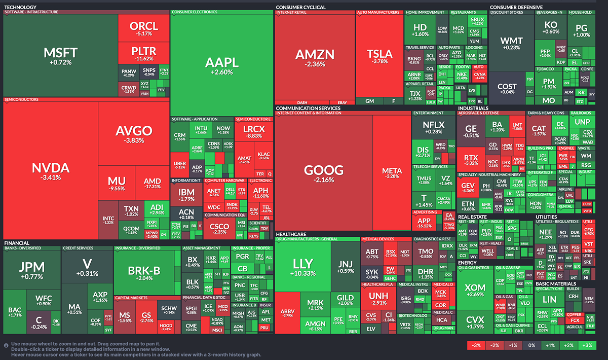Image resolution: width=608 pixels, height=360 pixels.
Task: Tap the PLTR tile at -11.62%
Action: [143, 54]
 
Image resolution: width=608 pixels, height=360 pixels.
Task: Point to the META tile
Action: [391, 172]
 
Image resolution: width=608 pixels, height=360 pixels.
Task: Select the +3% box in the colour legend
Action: [588, 345]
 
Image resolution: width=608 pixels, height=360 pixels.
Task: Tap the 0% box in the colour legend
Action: [531, 345]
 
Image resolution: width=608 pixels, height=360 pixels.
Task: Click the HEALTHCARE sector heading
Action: [292, 234]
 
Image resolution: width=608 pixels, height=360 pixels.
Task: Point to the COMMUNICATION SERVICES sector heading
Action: [308, 108]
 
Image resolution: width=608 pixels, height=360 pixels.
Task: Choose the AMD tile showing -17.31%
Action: [152, 184]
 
